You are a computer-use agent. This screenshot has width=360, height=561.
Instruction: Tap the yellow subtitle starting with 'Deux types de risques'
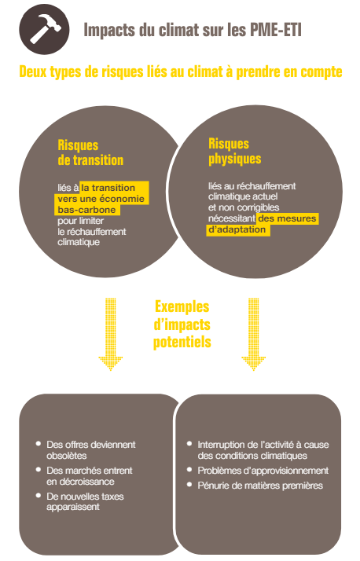180,73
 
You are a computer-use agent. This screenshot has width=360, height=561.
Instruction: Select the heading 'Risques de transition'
90,152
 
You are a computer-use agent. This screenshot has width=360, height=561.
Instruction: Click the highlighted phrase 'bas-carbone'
86,210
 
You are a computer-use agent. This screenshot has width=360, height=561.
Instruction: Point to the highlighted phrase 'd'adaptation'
237,230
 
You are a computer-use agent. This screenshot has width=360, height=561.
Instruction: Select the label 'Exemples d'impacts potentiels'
182,324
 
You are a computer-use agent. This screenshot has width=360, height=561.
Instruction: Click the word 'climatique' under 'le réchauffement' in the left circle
79,242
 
